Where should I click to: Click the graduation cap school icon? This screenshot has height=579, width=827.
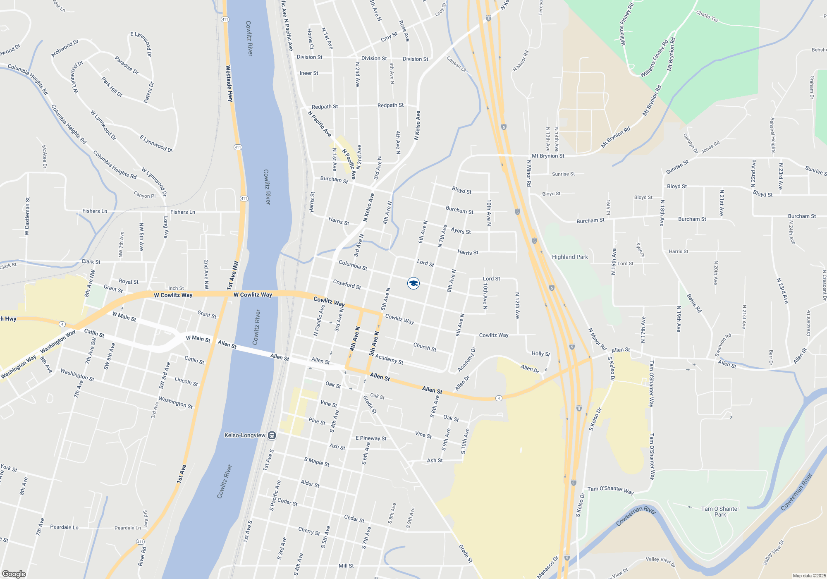[x=413, y=283]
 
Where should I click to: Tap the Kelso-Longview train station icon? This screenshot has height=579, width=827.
[x=272, y=435]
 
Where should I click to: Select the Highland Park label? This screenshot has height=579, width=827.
[x=570, y=257]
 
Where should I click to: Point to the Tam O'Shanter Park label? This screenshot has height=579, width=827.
[x=720, y=512]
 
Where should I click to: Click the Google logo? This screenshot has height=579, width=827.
[x=14, y=574]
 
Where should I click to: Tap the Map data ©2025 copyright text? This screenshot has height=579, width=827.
[x=809, y=576]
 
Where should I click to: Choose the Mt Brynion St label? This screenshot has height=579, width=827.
[x=548, y=156]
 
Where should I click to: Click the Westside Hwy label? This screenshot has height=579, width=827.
[x=229, y=84]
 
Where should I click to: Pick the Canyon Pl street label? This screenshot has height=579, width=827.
[x=145, y=195]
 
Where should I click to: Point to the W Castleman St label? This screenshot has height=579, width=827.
[x=27, y=216]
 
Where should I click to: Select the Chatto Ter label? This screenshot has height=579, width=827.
[x=707, y=16]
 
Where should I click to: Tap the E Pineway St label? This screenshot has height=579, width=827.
[x=371, y=438]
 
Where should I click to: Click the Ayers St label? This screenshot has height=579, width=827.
[x=461, y=230]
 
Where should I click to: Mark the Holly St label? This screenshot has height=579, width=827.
[x=540, y=354]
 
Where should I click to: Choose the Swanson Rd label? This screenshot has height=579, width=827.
[x=723, y=345]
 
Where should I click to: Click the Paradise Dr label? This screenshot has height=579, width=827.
[x=127, y=65]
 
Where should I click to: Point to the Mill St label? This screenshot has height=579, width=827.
[x=346, y=566]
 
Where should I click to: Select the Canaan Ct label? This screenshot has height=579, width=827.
[x=456, y=64]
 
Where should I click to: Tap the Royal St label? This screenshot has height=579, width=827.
[x=129, y=282]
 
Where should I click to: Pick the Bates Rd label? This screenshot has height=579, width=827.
[x=694, y=303]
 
